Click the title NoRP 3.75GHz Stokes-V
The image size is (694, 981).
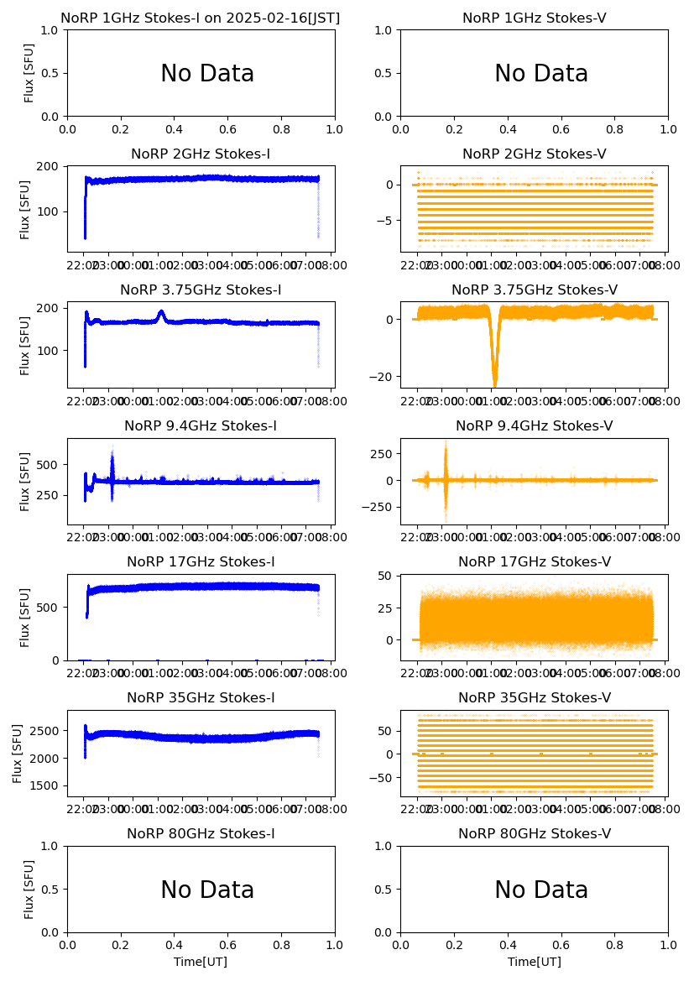[535, 290]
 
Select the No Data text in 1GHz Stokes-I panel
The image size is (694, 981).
[207, 74]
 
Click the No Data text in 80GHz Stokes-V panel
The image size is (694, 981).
[541, 890]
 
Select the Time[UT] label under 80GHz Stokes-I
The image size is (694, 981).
[201, 962]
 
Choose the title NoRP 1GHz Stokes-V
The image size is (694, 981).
[535, 18]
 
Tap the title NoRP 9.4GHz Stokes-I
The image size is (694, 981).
[201, 426]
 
